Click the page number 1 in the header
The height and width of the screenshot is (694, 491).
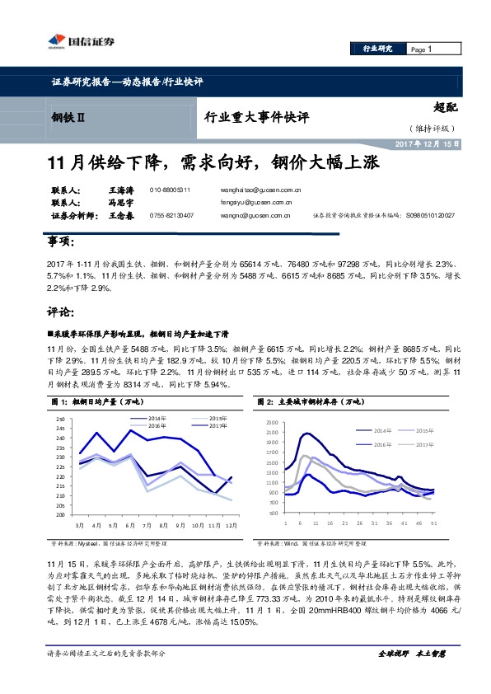tap(429, 49)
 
